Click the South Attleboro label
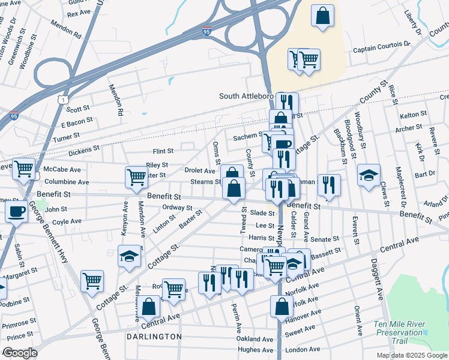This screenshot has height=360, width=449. pyautogui.click(x=246, y=96)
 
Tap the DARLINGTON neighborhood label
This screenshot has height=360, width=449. pyautogui.click(x=154, y=337)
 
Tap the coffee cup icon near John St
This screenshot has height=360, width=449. pyautogui.click(x=16, y=211)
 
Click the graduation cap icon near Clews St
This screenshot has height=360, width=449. pyautogui.click(x=369, y=175)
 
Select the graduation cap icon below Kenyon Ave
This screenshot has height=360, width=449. pyautogui.click(x=129, y=256)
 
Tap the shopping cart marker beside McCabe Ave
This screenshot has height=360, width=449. pyautogui.click(x=24, y=169)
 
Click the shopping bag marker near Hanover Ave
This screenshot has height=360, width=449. pyautogui.click(x=282, y=306)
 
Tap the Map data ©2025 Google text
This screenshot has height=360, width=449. pyautogui.click(x=412, y=355)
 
